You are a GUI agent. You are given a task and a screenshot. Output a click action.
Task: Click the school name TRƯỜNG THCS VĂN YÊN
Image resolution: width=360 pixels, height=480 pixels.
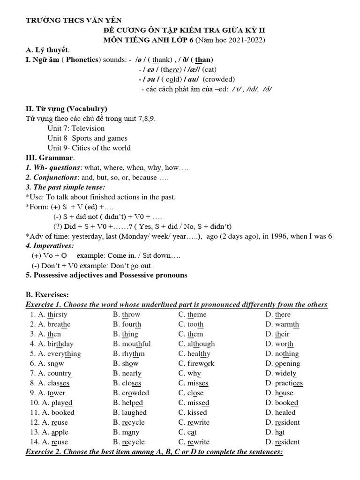[73, 20]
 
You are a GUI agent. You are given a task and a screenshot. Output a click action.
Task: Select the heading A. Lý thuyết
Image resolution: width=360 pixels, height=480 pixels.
[47, 50]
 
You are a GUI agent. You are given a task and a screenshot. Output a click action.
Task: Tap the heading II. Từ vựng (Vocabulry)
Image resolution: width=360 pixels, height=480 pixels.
[66, 109]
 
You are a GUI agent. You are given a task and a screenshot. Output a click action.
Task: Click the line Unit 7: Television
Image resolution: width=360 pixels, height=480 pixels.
[76, 128]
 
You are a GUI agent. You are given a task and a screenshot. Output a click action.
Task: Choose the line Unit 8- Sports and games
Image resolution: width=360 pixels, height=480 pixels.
[87, 138]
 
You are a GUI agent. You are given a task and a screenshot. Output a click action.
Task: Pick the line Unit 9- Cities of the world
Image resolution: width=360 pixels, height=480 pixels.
[89, 148]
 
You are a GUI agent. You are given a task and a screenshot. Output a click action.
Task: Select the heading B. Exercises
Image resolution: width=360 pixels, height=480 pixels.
[47, 295]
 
